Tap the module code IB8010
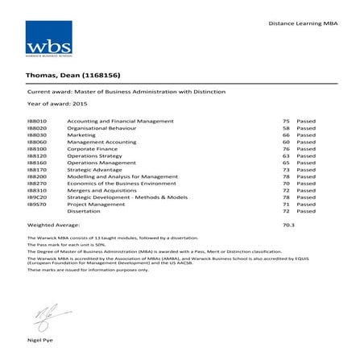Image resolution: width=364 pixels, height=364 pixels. tap(37, 121)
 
